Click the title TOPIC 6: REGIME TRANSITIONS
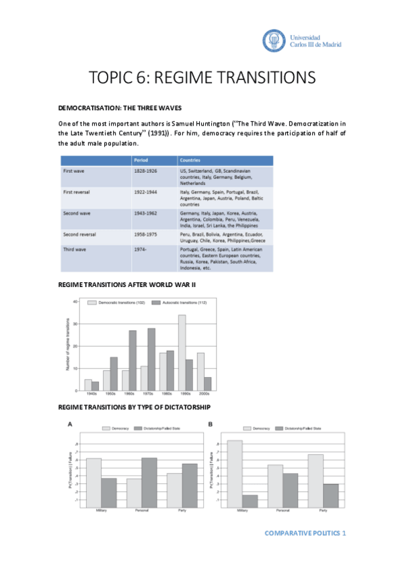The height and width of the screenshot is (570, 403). (202, 78)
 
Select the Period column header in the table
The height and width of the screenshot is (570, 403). (141, 161)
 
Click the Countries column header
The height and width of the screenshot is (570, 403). (190, 161)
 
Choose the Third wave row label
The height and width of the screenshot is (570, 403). (73, 249)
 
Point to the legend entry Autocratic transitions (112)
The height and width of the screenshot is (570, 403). (182, 303)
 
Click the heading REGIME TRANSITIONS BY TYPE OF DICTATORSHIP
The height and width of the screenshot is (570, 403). (135, 407)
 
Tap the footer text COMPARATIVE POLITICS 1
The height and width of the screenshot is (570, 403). (305, 532)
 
